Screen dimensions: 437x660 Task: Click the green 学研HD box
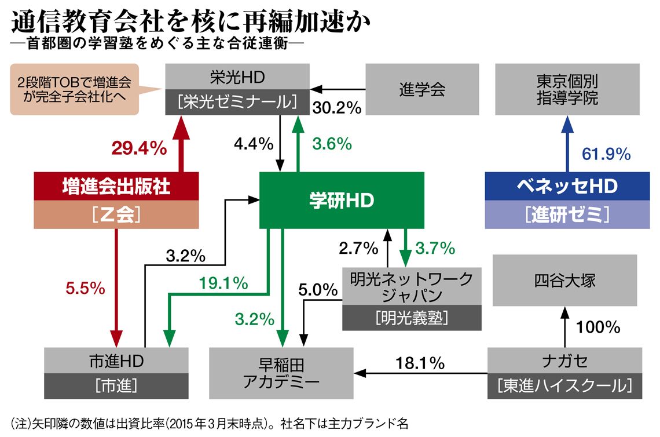point(341,200)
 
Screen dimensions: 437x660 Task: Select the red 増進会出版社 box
point(116,187)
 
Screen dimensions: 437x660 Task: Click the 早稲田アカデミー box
point(281,373)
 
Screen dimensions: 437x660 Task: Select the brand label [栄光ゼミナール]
point(237,102)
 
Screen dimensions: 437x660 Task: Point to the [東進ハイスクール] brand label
point(564,385)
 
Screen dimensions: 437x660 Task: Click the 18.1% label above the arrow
point(420,363)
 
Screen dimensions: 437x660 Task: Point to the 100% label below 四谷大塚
point(599,327)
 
